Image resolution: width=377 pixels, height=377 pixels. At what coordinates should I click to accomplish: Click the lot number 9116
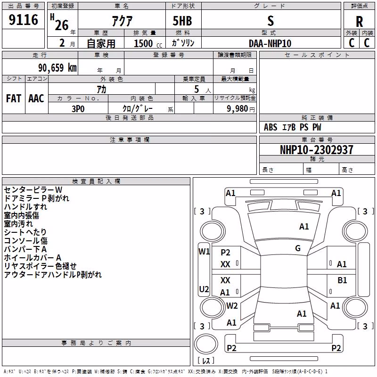[23, 19]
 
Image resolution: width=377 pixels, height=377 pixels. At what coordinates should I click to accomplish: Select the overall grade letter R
[359, 22]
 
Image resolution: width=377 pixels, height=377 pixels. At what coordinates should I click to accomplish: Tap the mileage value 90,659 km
[57, 68]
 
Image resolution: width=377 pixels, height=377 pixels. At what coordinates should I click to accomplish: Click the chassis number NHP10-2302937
[317, 150]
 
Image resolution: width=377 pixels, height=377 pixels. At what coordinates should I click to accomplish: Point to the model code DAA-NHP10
[270, 43]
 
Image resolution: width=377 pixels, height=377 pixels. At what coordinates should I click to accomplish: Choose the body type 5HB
[182, 21]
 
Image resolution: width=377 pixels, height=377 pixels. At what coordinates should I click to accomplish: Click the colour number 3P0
[78, 109]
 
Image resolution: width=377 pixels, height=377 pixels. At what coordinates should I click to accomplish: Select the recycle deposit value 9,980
[237, 108]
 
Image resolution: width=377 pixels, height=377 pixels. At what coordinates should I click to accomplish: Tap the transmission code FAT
[14, 98]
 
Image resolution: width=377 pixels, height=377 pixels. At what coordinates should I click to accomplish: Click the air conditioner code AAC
[36, 98]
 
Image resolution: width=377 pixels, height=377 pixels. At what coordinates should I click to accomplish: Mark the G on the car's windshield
[298, 248]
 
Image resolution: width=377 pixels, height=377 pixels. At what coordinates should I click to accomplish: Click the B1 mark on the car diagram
[342, 280]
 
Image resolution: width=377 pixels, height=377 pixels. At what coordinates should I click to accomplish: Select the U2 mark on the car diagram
[204, 289]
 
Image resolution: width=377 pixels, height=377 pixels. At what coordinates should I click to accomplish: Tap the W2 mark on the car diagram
[232, 305]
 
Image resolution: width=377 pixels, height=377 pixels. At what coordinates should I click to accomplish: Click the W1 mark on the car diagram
[204, 252]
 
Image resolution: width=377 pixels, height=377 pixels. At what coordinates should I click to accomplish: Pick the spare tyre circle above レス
[206, 344]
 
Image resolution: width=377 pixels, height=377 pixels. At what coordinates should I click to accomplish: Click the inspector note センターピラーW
[33, 190]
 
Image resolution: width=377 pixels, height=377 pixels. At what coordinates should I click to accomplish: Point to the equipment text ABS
[270, 127]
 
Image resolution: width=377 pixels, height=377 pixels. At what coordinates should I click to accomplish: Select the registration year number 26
[62, 25]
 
